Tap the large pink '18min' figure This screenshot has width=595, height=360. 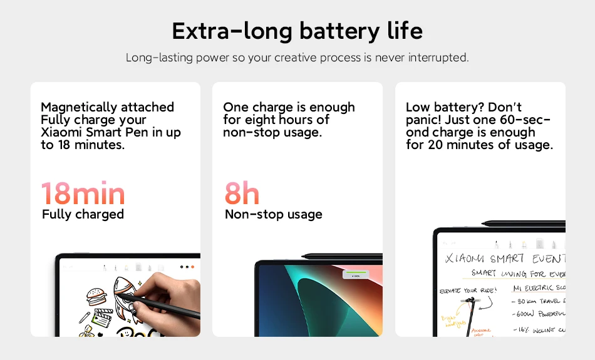tap(83, 193)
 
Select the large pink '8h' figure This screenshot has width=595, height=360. tap(242, 193)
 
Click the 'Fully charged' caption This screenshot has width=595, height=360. tap(83, 214)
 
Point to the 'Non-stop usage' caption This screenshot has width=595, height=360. tap(273, 214)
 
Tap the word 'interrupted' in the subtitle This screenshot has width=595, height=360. tap(438, 58)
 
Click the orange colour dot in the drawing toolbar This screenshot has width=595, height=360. tap(192, 267)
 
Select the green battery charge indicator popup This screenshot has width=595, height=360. tap(356, 275)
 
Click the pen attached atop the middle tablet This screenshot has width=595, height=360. tap(341, 255)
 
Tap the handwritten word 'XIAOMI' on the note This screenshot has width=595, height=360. tap(465, 259)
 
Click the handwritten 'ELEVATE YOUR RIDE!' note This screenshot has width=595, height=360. tap(468, 291)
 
